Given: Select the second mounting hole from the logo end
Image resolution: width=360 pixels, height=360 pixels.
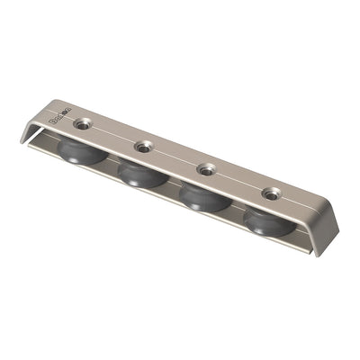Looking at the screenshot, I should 141,147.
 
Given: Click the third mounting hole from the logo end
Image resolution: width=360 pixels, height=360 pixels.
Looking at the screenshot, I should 206,168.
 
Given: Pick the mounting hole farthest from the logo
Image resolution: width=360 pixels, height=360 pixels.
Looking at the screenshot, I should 269,193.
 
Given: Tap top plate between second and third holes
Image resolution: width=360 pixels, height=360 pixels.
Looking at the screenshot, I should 174,157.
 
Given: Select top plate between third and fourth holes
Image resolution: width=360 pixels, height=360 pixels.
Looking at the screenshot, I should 238,180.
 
